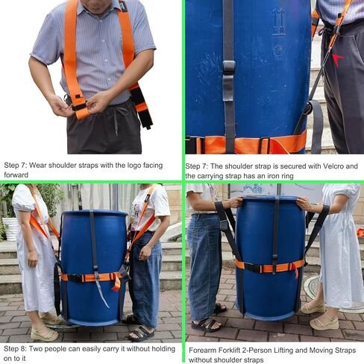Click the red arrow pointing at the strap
tap(337, 60)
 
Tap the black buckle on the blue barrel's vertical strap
tap(229, 67)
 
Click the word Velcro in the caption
tap(334, 166)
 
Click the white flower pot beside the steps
tap(10, 228)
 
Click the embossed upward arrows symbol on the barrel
tap(278, 22)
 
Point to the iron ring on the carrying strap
tap(309, 107)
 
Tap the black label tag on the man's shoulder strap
tap(123, 6)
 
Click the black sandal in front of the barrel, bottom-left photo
tap(142, 333)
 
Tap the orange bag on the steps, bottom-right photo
tap(360, 232)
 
